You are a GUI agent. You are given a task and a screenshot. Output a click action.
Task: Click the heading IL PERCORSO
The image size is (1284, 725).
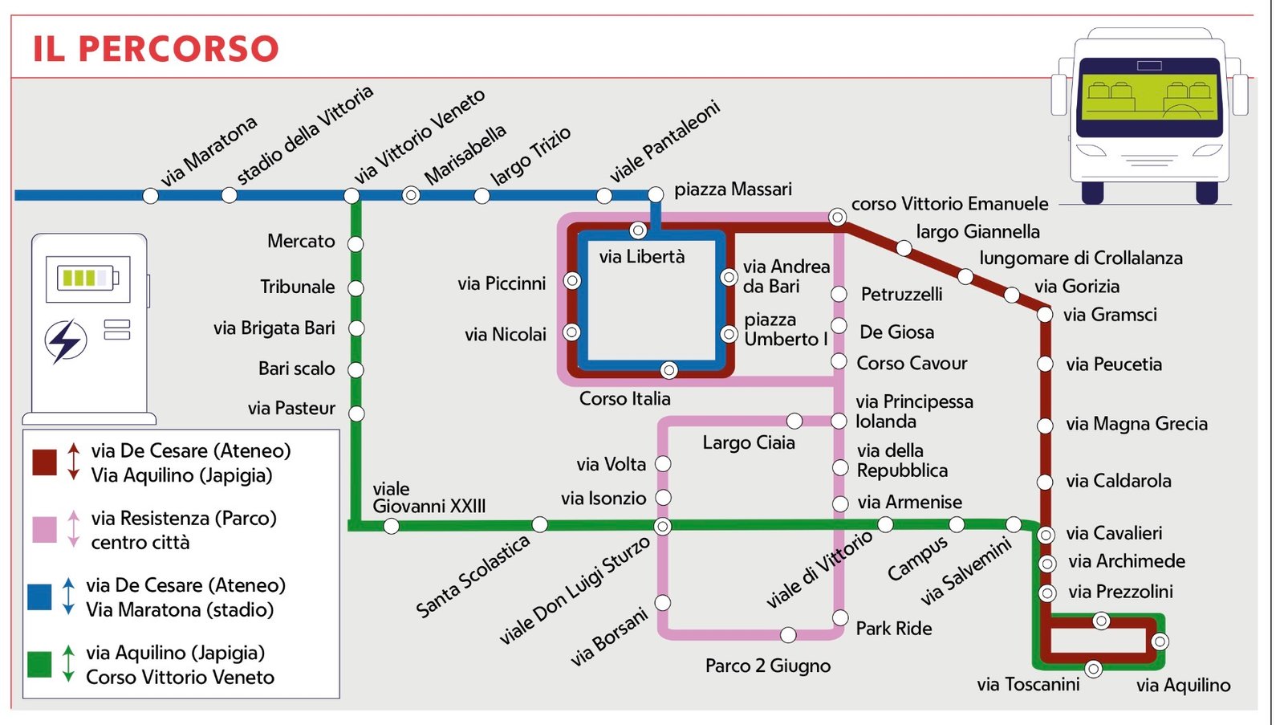coord(156,49)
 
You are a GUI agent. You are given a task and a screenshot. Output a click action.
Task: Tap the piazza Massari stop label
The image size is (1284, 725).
coord(733,189)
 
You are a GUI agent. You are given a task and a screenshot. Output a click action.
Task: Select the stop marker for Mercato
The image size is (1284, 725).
coord(356,243)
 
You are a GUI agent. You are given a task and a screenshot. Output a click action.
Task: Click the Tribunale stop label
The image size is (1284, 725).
coord(297,287)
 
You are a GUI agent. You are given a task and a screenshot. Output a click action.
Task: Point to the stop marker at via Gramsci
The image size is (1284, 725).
coord(1045,315)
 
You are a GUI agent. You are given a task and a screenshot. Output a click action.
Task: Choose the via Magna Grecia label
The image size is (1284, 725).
coord(1136,424)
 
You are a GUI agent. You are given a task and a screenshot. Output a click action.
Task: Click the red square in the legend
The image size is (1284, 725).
coord(44,462)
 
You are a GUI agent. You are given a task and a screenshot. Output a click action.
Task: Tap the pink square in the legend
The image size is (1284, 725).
coord(44,530)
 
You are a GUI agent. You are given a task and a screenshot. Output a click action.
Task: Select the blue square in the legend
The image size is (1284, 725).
coord(39,597)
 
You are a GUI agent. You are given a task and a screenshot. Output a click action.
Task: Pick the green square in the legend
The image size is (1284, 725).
coord(39,664)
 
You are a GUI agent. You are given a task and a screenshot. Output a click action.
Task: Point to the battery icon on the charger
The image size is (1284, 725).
coord(87,279)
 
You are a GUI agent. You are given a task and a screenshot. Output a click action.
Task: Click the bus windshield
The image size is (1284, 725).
coord(1148,97)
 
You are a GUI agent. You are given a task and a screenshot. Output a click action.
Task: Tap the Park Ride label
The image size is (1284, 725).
coord(894,629)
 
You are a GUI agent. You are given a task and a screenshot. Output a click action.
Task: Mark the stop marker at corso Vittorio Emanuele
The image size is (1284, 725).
coord(837,217)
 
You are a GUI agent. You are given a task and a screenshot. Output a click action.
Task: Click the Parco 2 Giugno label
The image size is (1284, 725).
coord(768,666)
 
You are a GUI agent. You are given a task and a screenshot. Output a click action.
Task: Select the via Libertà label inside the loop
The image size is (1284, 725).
coord(642,257)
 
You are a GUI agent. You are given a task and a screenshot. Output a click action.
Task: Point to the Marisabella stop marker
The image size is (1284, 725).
coord(411,195)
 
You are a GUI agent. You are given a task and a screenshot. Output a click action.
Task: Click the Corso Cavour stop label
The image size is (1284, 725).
coord(912,364)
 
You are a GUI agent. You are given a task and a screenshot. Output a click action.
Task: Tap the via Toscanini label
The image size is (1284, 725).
coord(1028,685)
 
